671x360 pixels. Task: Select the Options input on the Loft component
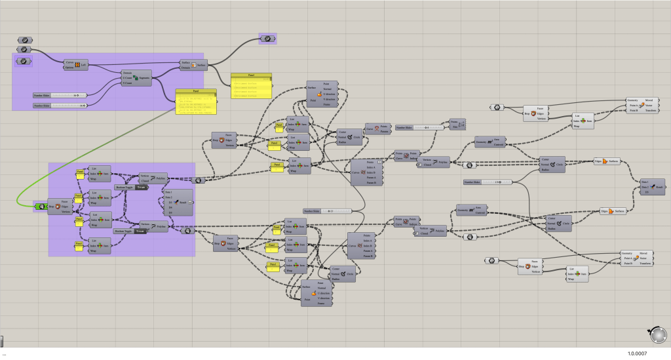[69, 67]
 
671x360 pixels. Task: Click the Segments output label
[145, 78]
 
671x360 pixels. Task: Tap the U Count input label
[127, 78]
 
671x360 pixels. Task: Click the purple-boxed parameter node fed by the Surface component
[267, 39]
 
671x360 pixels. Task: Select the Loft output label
[84, 64]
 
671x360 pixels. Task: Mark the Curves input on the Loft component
[69, 62]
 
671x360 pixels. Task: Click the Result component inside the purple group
[183, 203]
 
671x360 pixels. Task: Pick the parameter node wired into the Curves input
[24, 49]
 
